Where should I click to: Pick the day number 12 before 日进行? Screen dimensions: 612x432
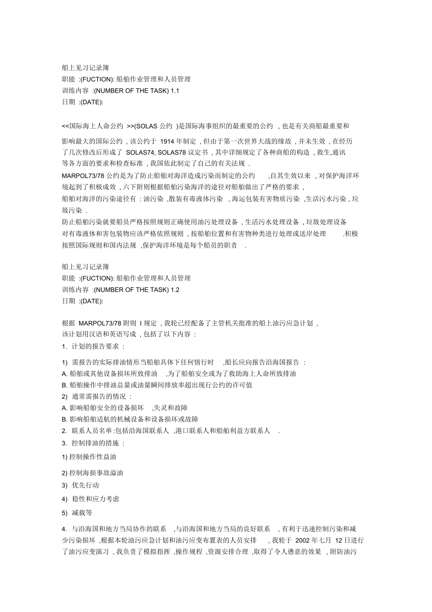[x=340, y=540]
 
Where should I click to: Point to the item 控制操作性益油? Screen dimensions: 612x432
[x=92, y=456]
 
